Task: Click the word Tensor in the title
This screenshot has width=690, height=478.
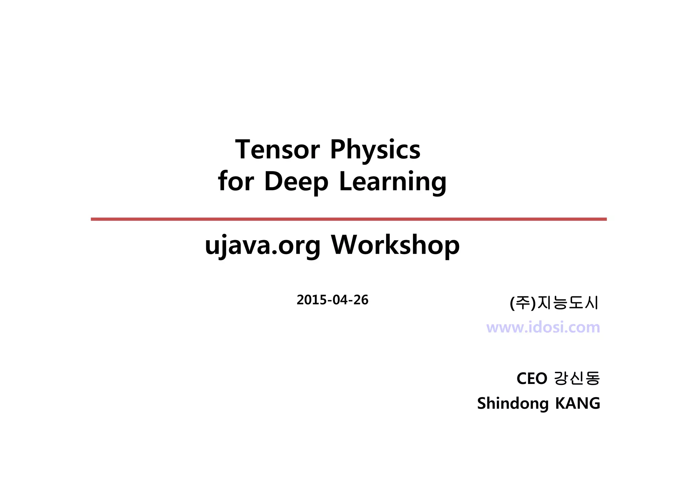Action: (x=277, y=149)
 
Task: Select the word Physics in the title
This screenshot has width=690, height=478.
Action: (x=375, y=150)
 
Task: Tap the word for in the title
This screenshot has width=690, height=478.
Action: (x=236, y=181)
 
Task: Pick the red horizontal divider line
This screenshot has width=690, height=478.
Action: (x=348, y=219)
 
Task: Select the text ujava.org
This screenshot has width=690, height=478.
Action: (x=262, y=245)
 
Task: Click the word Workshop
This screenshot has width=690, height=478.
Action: (x=395, y=245)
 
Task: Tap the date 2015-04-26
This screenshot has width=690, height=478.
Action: (x=332, y=300)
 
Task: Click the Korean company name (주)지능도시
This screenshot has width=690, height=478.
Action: (x=554, y=302)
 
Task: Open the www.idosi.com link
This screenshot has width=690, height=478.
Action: (x=543, y=327)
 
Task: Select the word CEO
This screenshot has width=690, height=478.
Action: (x=532, y=379)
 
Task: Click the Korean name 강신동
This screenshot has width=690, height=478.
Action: (x=577, y=378)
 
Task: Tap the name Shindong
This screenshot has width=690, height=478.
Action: (x=513, y=404)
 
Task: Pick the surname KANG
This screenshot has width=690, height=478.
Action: (x=577, y=403)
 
